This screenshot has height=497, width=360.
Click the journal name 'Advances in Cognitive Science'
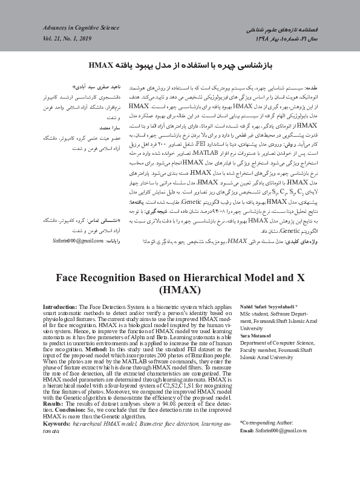[81, 28]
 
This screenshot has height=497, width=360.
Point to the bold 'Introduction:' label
[61, 308]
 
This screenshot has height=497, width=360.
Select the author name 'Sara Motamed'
[255, 334]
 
